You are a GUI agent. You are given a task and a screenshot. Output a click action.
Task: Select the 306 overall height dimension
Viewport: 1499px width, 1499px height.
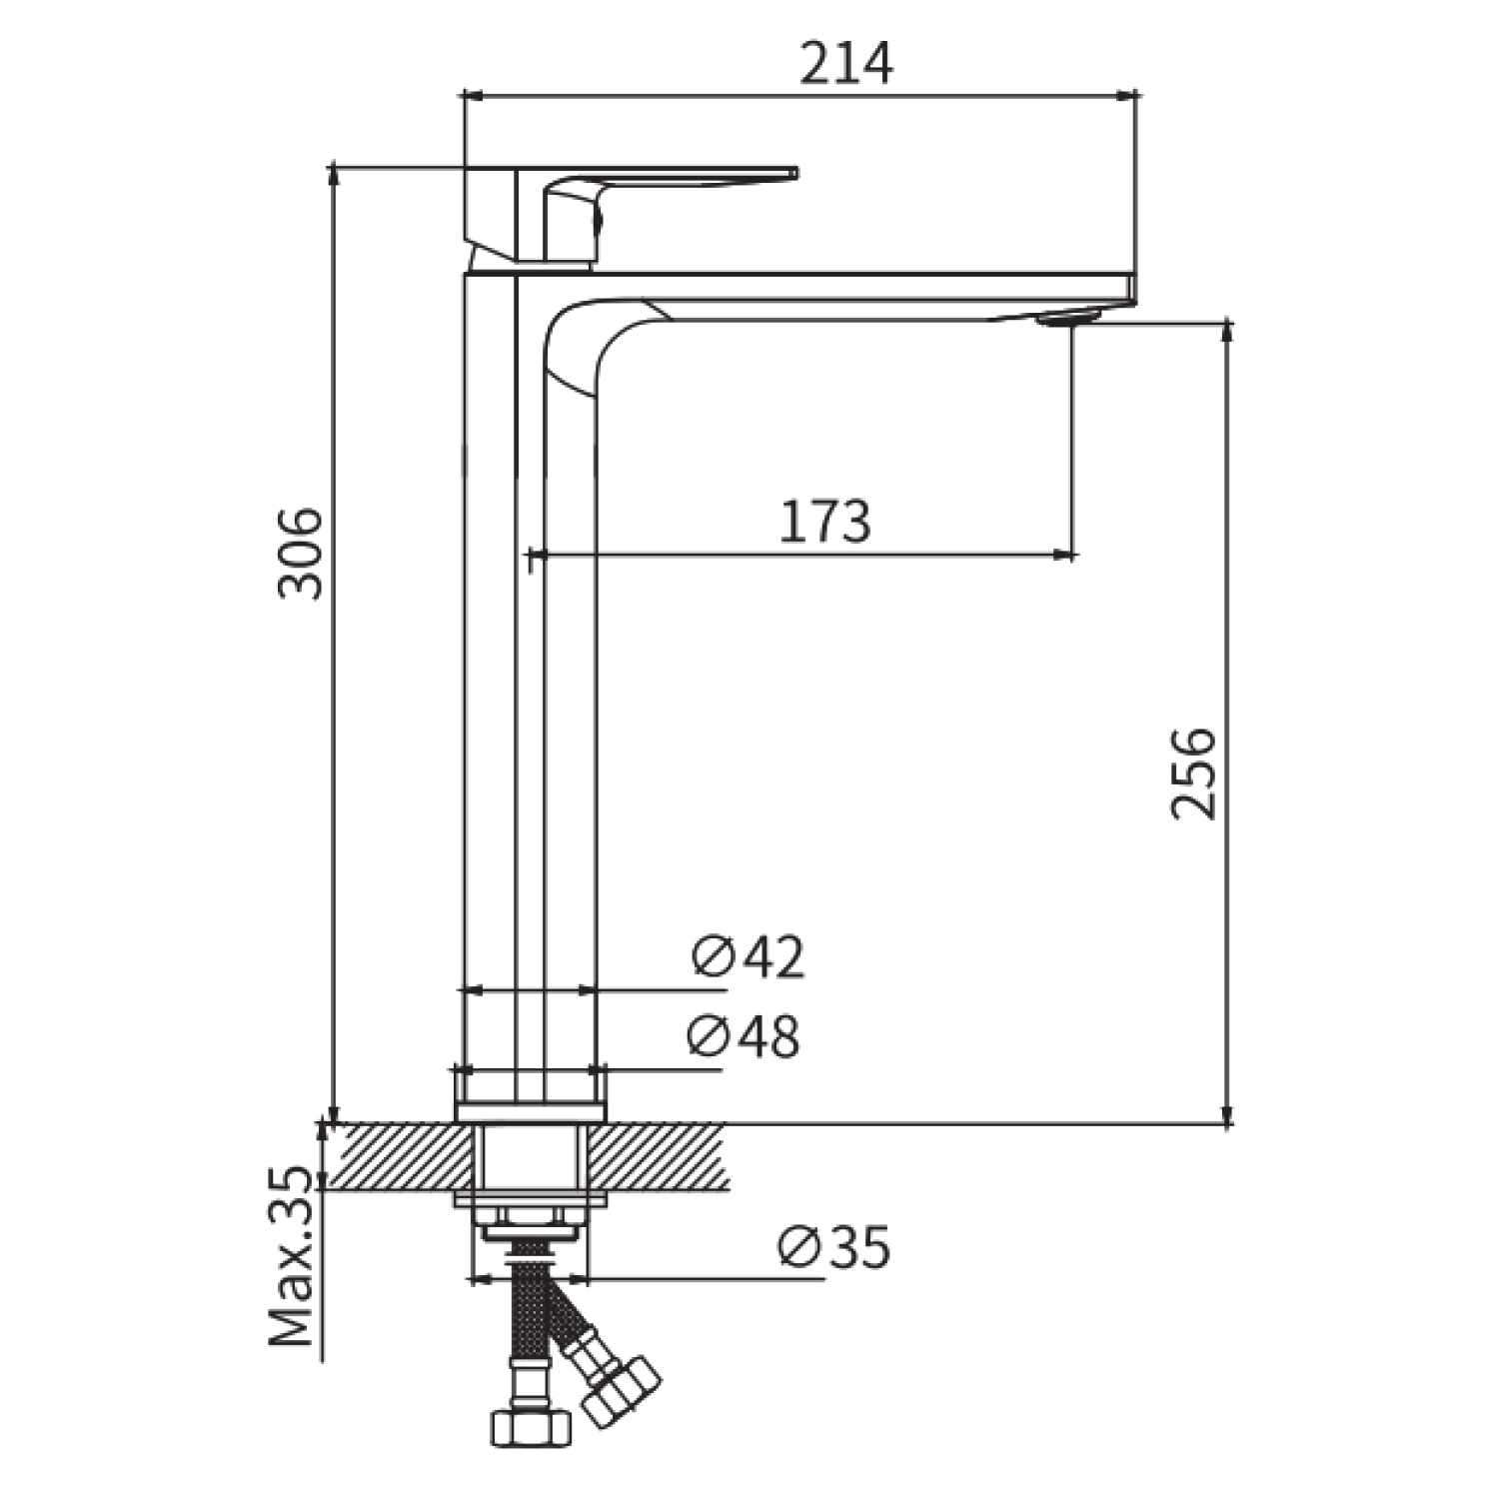coord(301,554)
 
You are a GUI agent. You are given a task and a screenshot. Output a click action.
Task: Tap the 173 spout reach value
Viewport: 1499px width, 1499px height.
coord(824,522)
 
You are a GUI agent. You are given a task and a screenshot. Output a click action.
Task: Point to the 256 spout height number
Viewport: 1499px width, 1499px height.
coord(1194,773)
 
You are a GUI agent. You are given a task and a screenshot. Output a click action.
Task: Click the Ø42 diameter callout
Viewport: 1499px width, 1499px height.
coord(749,956)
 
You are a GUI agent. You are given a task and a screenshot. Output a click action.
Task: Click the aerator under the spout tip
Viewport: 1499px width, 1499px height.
coord(1069,318)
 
